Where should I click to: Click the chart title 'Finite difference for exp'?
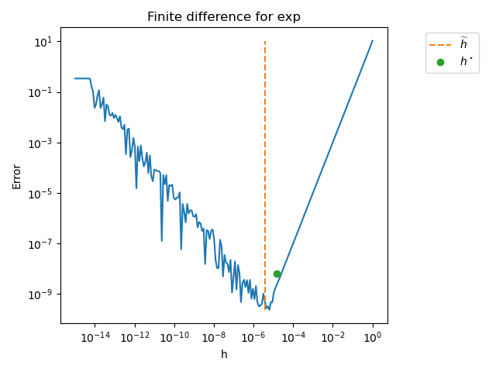[224, 17]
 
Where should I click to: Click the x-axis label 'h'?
[224, 354]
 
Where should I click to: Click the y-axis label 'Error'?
[17, 176]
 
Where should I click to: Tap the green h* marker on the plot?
[277, 274]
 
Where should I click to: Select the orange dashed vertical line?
[265, 155]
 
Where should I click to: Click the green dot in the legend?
[440, 62]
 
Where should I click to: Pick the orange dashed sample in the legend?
[440, 45]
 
